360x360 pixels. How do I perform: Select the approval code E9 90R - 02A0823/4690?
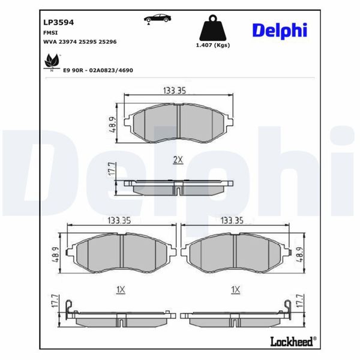tap(98, 70)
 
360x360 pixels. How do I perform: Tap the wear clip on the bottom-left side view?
tap(70, 308)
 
